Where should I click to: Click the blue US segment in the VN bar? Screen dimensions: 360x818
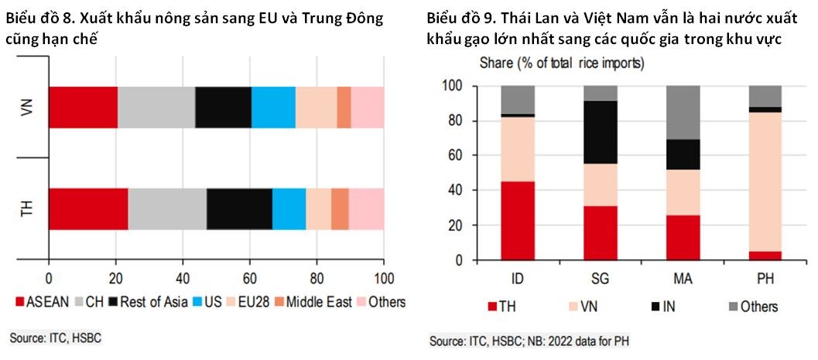click(x=273, y=108)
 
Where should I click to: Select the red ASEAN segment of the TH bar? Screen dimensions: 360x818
click(x=88, y=208)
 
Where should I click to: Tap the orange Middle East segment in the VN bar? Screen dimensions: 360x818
click(x=344, y=108)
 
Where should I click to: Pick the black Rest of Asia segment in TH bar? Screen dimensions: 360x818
click(x=239, y=208)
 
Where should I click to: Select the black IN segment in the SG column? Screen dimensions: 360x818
click(x=601, y=132)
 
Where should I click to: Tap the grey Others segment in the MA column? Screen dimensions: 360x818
click(x=683, y=113)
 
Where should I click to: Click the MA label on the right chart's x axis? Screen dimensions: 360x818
click(x=683, y=278)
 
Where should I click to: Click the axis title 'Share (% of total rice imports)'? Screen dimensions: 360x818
click(x=562, y=62)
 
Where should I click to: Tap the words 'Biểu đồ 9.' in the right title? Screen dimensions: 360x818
click(x=461, y=18)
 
